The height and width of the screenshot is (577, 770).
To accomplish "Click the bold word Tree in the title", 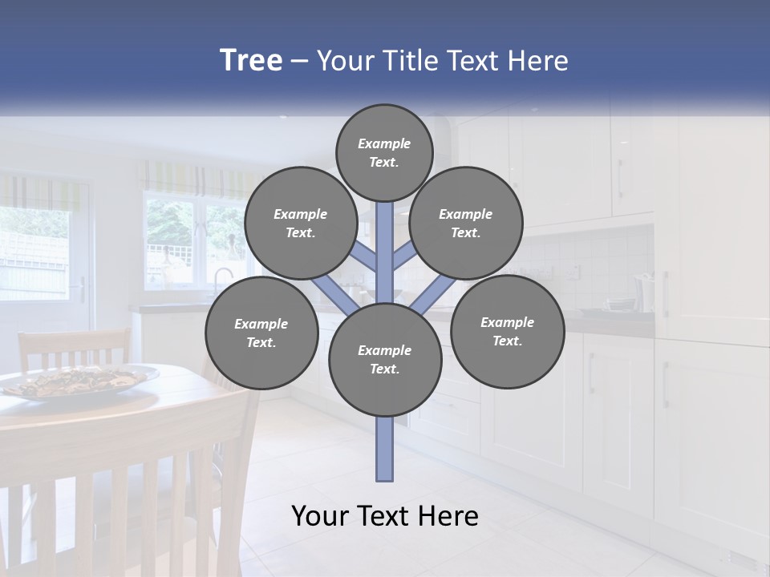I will (x=251, y=61).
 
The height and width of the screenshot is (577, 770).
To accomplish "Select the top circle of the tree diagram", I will (x=384, y=152).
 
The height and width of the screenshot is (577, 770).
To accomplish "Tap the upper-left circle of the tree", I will (x=300, y=223).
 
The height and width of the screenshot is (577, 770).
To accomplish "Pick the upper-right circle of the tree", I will (x=465, y=223).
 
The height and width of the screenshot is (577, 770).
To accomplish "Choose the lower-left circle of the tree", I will (x=261, y=333).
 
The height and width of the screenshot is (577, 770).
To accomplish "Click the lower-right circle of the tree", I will (x=507, y=331).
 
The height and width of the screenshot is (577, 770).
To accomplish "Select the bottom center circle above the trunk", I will (x=384, y=359).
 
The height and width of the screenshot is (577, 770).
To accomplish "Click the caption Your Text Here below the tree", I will (x=384, y=516).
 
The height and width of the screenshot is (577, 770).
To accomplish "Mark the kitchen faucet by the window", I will (x=219, y=278).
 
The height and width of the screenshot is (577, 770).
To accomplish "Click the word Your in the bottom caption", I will (x=321, y=516).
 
